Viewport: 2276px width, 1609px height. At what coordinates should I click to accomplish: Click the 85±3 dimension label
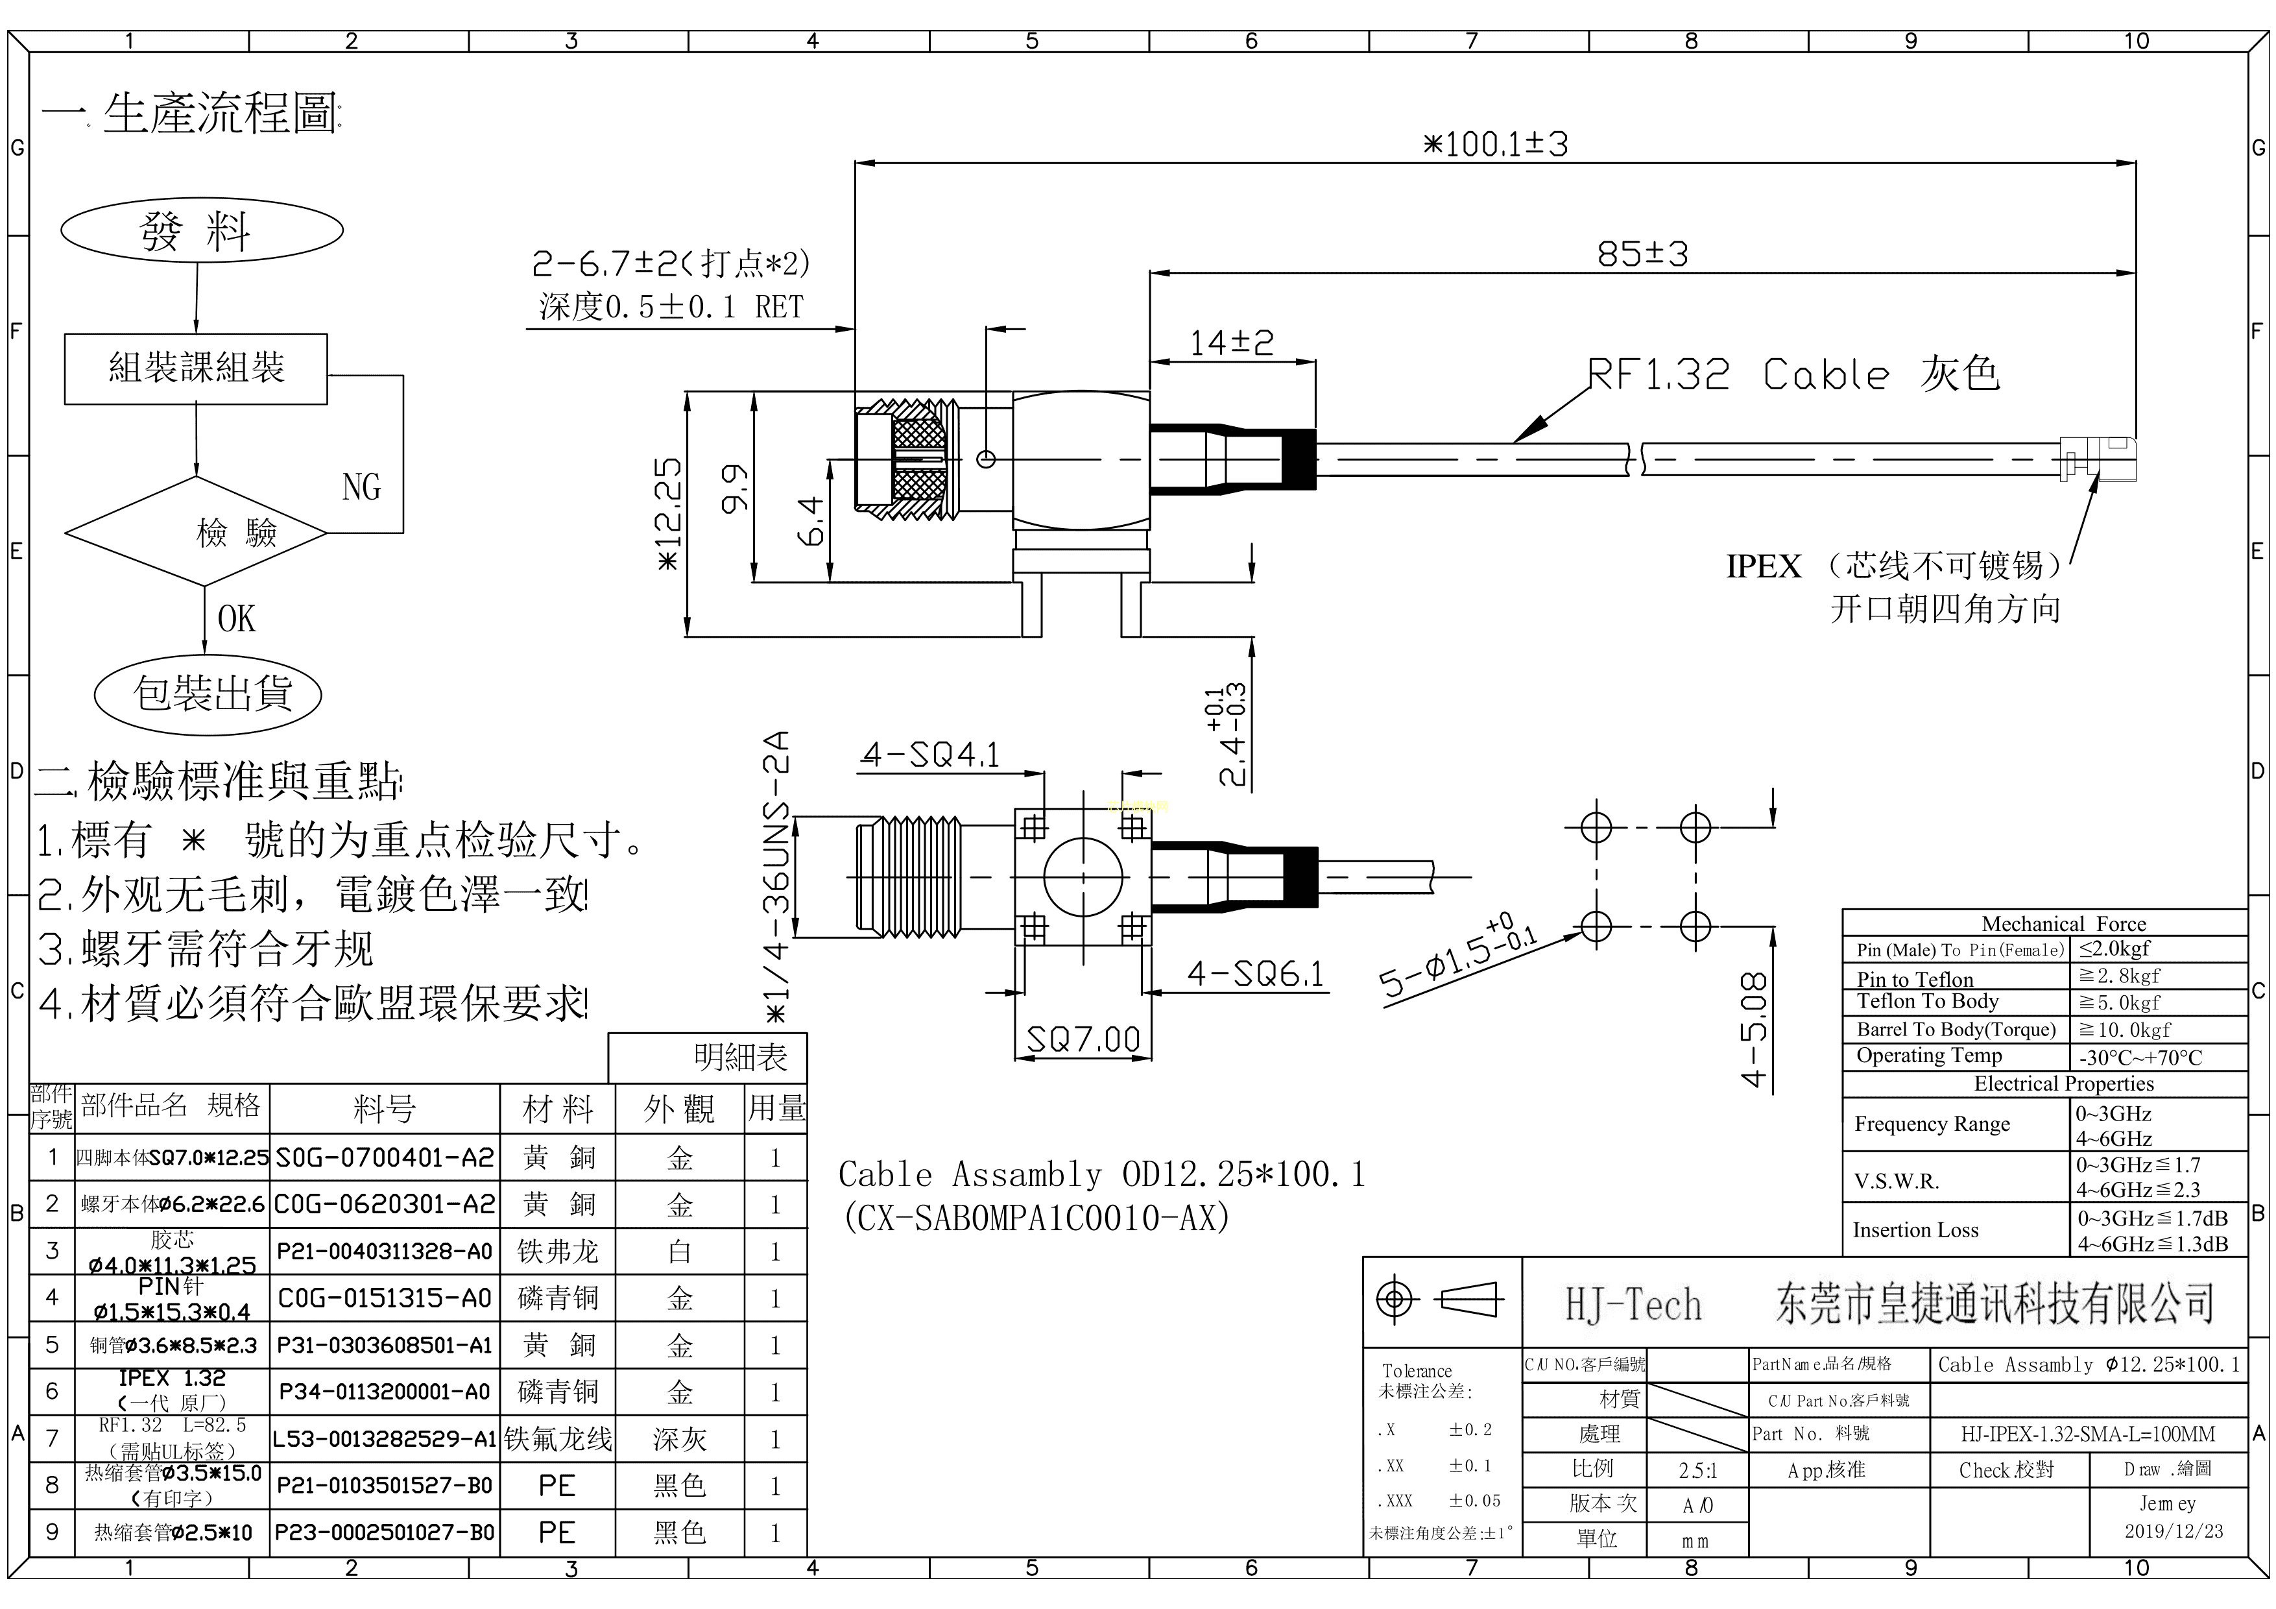pos(1642,254)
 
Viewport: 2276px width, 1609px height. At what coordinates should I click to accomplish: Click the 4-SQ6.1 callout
pos(1255,974)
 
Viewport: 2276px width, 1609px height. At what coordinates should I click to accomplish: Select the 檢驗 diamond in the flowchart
pos(197,533)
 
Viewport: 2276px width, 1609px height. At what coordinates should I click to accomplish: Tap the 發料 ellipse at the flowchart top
pos(202,231)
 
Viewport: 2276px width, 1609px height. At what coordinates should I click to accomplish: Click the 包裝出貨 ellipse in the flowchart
pos(208,694)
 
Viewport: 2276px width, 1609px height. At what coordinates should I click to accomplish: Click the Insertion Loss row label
pos(1915,1230)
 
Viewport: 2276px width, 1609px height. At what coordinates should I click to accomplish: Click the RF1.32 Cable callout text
pos(1793,375)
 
